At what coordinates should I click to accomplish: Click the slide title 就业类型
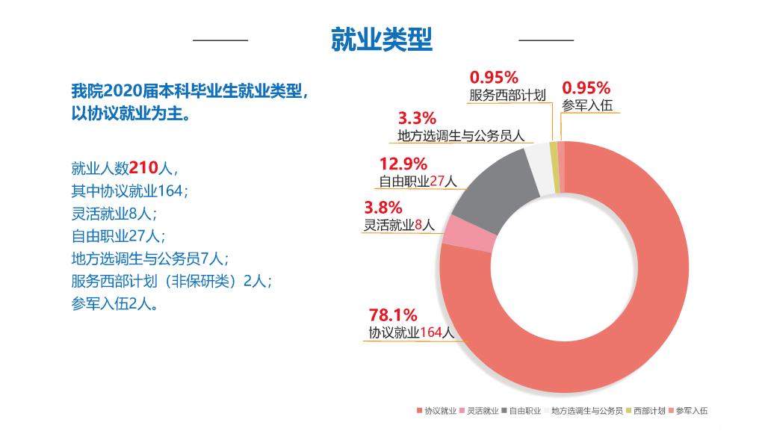382,40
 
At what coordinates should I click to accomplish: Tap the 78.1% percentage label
393,314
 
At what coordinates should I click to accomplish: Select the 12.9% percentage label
403,164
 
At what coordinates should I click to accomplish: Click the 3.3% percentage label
417,118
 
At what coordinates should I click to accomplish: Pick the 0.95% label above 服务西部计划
494,78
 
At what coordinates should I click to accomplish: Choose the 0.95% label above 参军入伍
586,88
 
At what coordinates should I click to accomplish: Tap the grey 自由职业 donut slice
493,194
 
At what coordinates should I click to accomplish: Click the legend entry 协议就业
436,410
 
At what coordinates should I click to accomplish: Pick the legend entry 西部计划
645,410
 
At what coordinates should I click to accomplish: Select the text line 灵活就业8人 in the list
114,214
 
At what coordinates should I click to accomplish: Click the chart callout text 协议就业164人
412,333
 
